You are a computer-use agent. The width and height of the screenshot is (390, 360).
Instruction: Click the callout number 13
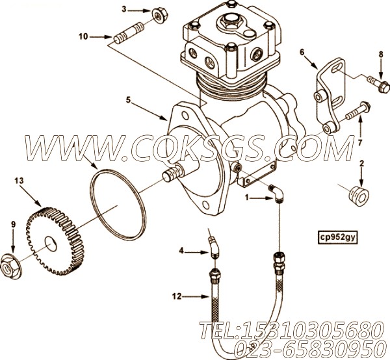(x=19, y=181)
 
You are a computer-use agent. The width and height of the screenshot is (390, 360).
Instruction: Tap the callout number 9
(x=13, y=224)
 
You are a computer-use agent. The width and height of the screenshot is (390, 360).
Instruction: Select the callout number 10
(x=83, y=37)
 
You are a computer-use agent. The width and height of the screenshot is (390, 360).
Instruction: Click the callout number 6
(x=302, y=52)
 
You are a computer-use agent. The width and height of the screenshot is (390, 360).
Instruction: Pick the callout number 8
(x=381, y=54)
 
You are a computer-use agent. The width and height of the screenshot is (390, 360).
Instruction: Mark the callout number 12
(x=177, y=296)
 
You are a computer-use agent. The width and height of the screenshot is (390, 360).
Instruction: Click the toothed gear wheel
(x=55, y=241)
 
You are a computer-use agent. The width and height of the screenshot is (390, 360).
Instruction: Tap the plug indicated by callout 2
(x=359, y=196)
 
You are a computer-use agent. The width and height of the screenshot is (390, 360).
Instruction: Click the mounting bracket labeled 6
(x=330, y=96)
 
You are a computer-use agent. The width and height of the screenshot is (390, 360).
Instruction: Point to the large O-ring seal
(x=117, y=205)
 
